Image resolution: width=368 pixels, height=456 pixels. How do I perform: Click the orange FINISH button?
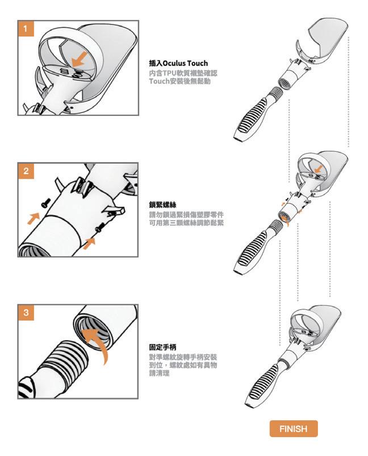pyautogui.click(x=294, y=428)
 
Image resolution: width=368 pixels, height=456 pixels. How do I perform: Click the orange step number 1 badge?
pyautogui.click(x=26, y=29)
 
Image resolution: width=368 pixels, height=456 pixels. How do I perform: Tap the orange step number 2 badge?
pyautogui.click(x=26, y=171)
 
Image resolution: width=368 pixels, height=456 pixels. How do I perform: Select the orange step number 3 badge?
pyautogui.click(x=26, y=313)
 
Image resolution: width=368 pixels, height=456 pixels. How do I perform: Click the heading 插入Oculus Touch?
pyautogui.click(x=178, y=63)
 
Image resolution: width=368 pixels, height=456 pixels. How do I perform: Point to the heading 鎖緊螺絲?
pyautogui.click(x=162, y=205)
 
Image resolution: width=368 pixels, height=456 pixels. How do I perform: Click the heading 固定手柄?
pyautogui.click(x=162, y=347)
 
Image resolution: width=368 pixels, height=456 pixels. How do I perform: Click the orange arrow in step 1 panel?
pyautogui.click(x=80, y=59)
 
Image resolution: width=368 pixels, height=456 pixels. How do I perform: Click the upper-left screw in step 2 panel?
pyautogui.click(x=46, y=203)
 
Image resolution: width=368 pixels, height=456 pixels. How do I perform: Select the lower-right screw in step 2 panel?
pyautogui.click(x=100, y=227)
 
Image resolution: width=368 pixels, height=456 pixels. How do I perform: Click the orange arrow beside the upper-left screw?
pyautogui.click(x=34, y=218)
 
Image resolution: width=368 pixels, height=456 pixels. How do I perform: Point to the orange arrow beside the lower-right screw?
pyautogui.click(x=89, y=243)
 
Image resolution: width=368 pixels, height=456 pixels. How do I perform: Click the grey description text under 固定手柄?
pyautogui.click(x=183, y=365)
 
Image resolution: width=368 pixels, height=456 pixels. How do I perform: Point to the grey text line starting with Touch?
pyautogui.click(x=180, y=81)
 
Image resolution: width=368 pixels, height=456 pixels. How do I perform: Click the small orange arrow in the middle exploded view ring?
pyautogui.click(x=319, y=169)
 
